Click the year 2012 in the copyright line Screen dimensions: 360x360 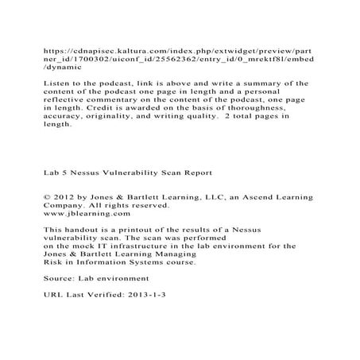[63, 195]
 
